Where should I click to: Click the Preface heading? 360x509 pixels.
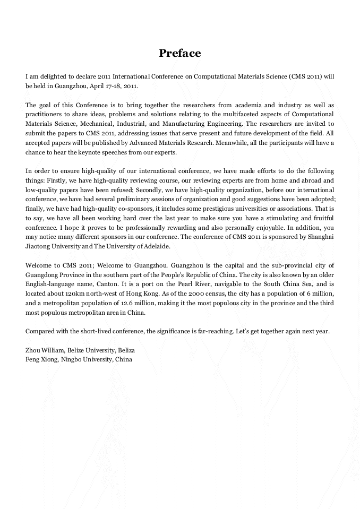pyautogui.click(x=180, y=54)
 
